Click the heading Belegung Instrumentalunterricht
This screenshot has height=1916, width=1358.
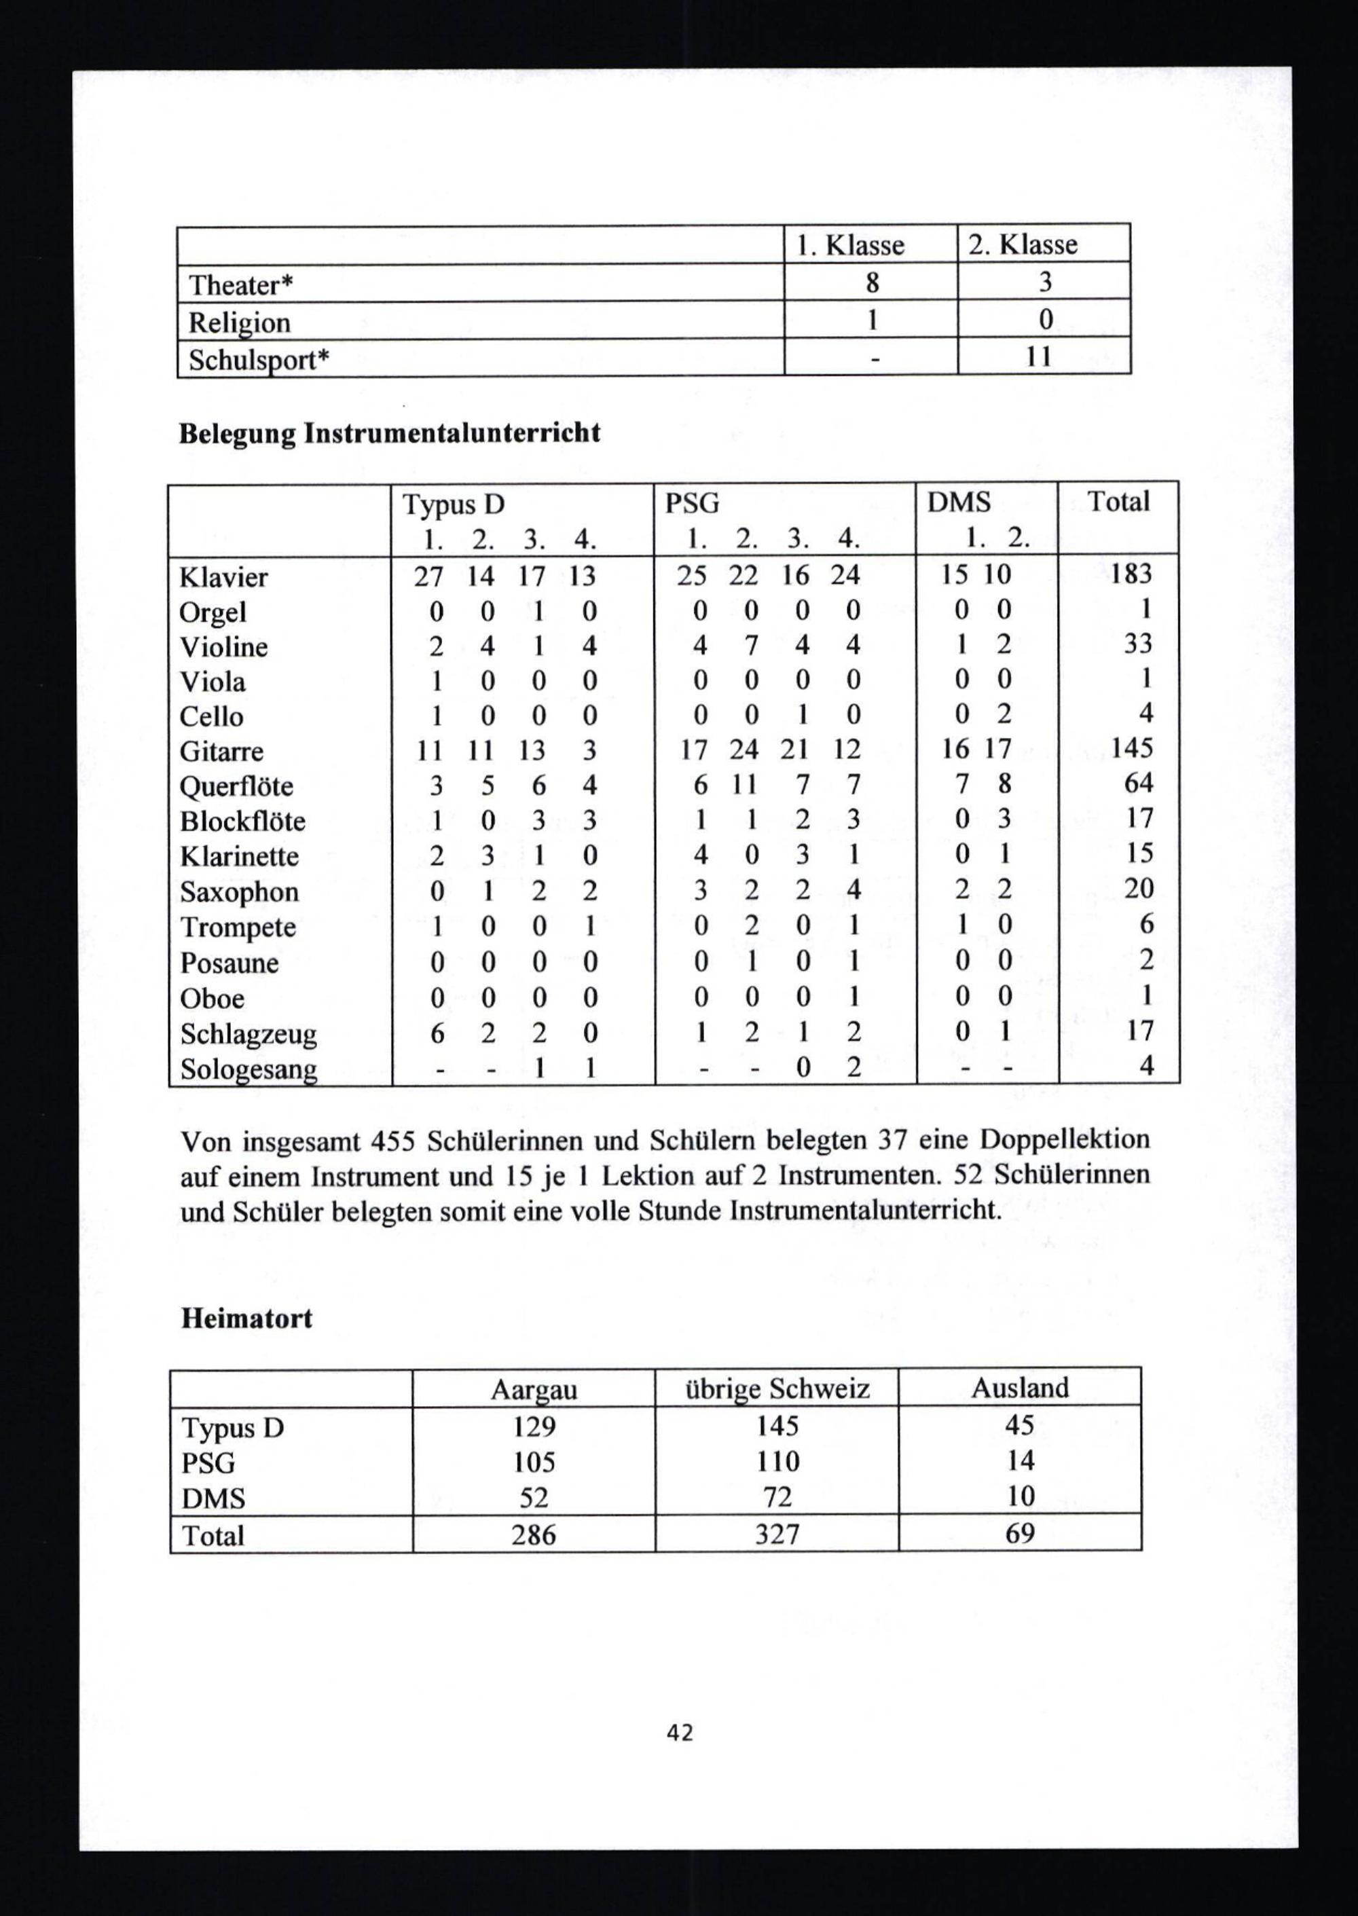(390, 434)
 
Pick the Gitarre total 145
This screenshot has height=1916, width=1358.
(1131, 748)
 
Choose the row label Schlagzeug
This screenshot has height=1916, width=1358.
(249, 1034)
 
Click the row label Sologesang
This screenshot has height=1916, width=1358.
(249, 1069)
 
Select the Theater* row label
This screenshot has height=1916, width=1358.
(241, 285)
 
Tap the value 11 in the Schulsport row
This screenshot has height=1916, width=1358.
(1040, 358)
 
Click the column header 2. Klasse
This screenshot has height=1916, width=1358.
(1023, 245)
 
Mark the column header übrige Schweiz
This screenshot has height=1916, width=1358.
(777, 1389)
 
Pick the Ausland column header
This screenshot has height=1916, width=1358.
(1019, 1388)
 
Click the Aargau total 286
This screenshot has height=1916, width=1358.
(534, 1535)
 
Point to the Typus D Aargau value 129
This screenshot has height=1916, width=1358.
(534, 1425)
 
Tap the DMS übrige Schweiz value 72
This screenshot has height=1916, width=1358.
(777, 1496)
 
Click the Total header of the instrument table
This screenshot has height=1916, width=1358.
(1118, 502)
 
